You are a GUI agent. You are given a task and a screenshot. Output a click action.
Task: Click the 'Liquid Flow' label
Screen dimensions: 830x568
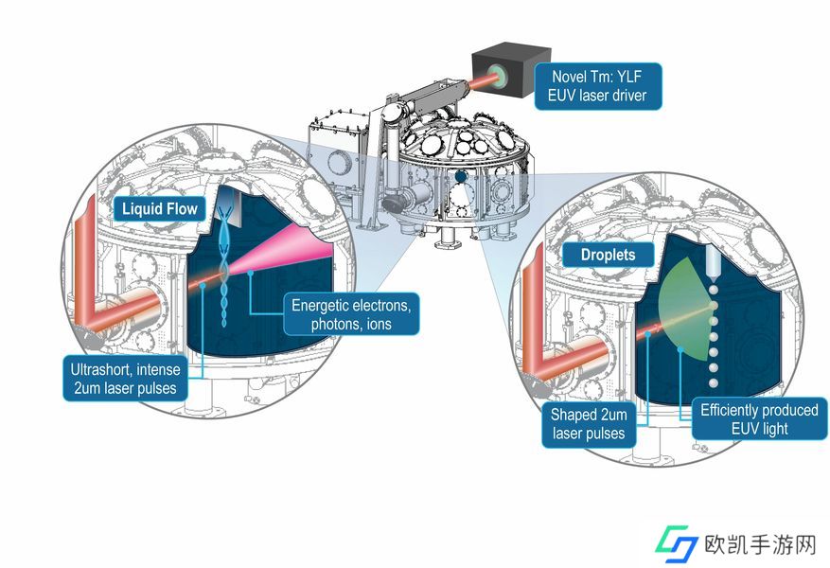[159, 208]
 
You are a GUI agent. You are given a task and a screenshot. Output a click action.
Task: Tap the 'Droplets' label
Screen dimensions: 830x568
[608, 255]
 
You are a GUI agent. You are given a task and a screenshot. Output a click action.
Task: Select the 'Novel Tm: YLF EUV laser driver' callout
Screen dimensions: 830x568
[597, 86]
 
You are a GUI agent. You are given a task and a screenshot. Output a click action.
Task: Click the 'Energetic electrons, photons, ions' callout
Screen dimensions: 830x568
[351, 314]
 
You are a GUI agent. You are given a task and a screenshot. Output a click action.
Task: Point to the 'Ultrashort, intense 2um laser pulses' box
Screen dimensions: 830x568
[126, 379]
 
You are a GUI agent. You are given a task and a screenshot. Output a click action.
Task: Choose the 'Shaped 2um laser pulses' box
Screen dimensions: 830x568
[589, 424]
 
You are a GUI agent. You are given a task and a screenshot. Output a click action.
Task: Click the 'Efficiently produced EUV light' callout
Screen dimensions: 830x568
[759, 418]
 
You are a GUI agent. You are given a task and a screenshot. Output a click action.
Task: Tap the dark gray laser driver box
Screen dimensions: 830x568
[511, 71]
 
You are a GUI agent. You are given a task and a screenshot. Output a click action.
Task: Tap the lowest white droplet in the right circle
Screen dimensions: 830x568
[713, 382]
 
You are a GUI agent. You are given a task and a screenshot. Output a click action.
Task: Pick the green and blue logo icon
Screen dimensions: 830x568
[676, 543]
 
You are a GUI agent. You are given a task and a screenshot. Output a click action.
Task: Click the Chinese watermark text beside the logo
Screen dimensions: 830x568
[761, 544]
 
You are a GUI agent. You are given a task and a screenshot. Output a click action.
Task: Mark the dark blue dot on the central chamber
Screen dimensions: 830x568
[461, 176]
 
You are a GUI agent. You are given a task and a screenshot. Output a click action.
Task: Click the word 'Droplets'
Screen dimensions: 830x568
[608, 255]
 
